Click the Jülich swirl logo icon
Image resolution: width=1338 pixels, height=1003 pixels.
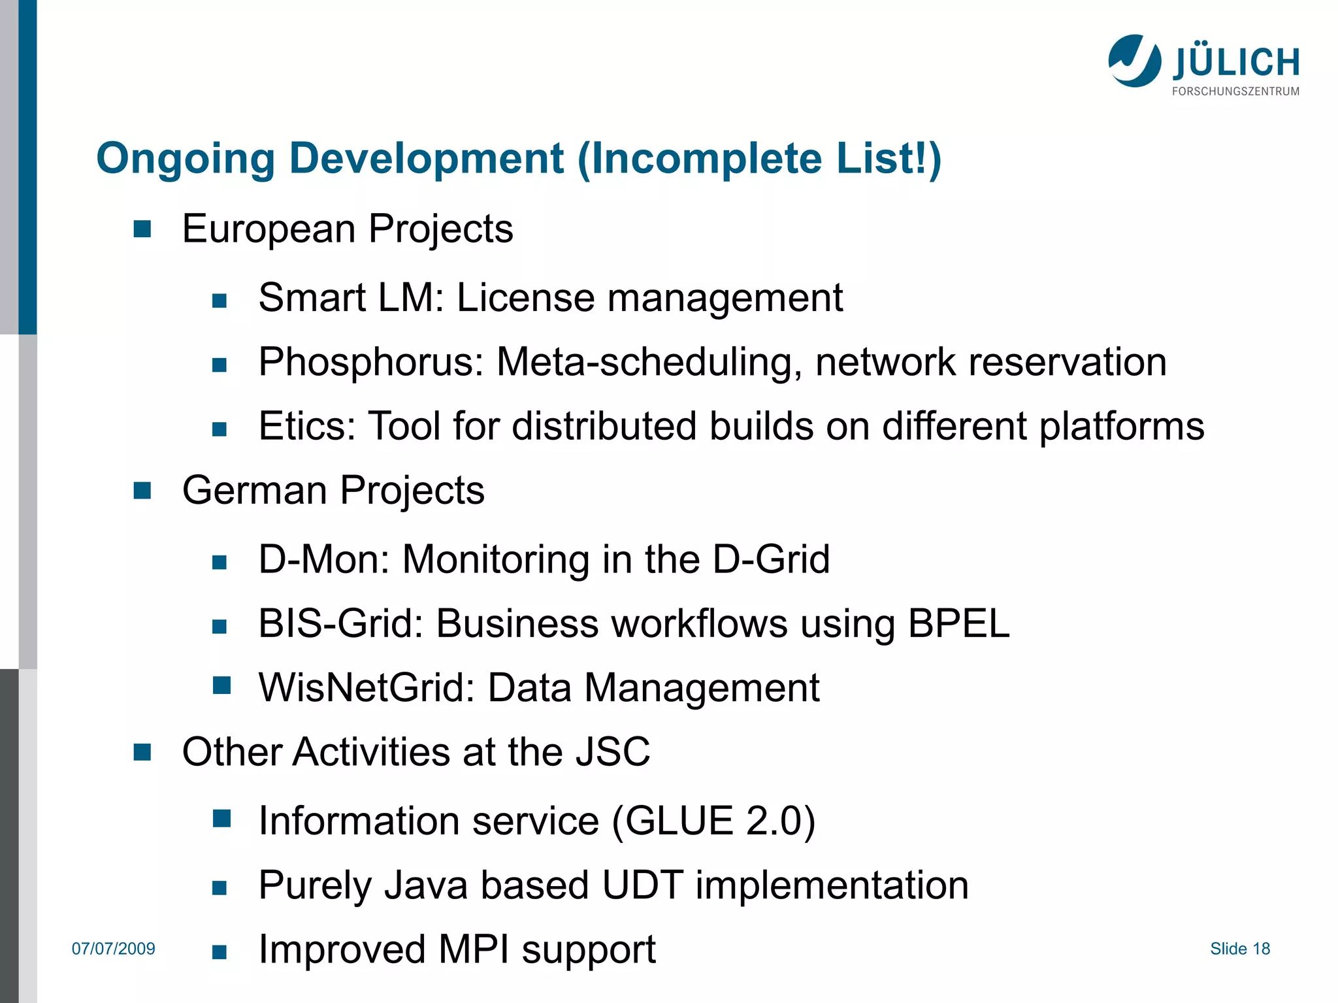tap(1134, 61)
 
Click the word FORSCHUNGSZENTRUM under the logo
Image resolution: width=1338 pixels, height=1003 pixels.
tap(1235, 91)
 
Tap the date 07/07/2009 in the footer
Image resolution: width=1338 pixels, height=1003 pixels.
tap(114, 949)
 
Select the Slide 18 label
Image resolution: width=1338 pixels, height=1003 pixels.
tap(1239, 949)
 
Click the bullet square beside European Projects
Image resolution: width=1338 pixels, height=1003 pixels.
tap(142, 229)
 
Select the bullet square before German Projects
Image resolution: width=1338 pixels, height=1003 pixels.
tap(142, 490)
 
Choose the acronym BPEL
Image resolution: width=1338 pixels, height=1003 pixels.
tap(958, 623)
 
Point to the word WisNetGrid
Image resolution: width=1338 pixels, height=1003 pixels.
tap(367, 688)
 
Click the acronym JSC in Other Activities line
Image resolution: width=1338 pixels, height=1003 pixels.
tap(612, 752)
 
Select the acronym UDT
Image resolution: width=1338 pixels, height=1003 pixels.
tap(642, 885)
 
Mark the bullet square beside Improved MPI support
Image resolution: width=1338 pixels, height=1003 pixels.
tap(220, 952)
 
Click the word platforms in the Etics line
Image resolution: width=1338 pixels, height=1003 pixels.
tap(1121, 426)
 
